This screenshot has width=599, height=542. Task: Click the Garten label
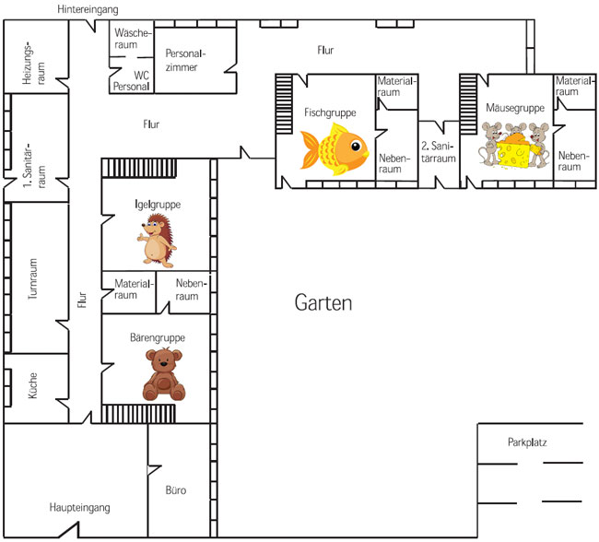point(323,302)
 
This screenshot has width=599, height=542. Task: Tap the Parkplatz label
point(527,442)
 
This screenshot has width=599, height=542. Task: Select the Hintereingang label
point(88,8)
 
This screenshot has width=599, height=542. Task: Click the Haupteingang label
point(80,507)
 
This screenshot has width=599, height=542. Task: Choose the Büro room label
point(175,490)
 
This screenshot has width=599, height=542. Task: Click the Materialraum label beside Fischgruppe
point(396,87)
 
